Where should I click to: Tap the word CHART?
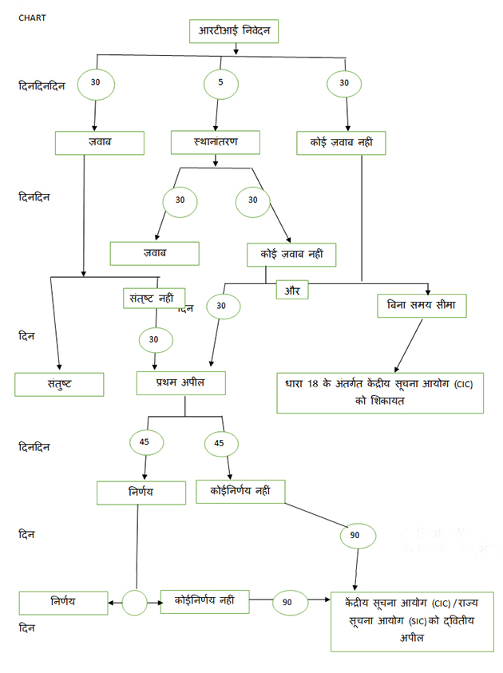click(x=32, y=16)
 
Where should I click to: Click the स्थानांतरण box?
click(x=216, y=143)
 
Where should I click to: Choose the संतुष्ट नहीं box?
click(x=153, y=299)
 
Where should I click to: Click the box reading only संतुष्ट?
click(x=59, y=384)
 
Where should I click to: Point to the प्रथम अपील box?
click(x=181, y=383)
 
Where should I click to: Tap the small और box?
click(x=291, y=291)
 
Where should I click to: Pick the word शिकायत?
click(x=380, y=400)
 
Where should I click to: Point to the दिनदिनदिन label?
click(x=46, y=85)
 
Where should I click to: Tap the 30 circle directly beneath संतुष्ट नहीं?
click(x=154, y=338)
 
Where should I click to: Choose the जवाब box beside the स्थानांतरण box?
click(x=99, y=143)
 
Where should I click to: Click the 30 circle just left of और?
click(x=221, y=306)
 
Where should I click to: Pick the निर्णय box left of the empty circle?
click(x=63, y=603)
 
